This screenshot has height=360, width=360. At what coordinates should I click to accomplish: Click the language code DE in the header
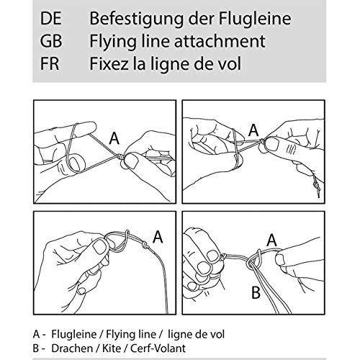click(50, 19)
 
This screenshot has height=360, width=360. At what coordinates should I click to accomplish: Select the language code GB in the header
click(51, 41)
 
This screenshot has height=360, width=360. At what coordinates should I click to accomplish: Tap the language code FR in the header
click(50, 63)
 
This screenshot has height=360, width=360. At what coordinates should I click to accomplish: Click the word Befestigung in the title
click(137, 20)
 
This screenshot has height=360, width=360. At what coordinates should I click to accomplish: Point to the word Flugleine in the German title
click(255, 19)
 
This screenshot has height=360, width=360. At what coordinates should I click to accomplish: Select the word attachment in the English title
click(220, 41)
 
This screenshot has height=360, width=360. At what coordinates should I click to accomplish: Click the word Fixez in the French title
click(109, 63)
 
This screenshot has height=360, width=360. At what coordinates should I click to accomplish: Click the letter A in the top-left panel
click(114, 138)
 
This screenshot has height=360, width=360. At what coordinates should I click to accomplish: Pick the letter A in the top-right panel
click(253, 130)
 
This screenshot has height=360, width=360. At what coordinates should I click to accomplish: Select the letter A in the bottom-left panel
click(158, 237)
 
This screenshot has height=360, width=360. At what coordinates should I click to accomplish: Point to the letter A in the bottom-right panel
click(271, 240)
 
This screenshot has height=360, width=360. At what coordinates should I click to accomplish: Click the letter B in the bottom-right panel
click(256, 292)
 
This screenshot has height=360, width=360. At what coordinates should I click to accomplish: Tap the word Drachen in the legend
click(72, 348)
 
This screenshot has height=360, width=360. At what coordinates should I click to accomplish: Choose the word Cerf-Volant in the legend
click(158, 348)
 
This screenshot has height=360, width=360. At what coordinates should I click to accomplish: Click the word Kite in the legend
click(112, 348)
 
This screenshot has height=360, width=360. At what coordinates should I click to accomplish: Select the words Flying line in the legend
click(131, 335)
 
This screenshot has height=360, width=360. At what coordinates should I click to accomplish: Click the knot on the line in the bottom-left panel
click(145, 245)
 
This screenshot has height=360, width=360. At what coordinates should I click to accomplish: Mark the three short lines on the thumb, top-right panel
click(291, 148)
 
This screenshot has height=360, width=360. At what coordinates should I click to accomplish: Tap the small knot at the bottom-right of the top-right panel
click(315, 186)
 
